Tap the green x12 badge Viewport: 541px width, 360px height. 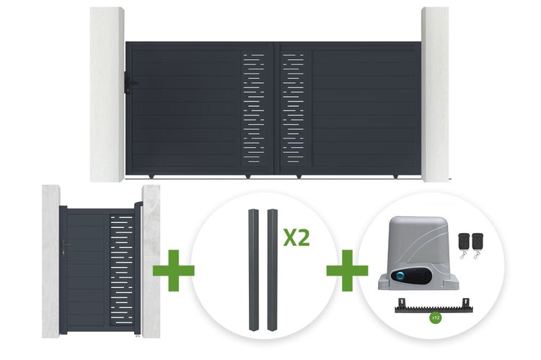[436, 317]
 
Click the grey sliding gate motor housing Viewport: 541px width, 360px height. [418, 253]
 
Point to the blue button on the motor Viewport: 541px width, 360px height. [400, 276]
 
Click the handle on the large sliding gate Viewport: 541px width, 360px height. [129, 82]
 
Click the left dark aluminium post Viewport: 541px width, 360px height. [254, 270]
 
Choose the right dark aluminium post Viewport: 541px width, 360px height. [273, 270]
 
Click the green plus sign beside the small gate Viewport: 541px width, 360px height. [174, 271]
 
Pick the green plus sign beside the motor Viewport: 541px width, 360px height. [347, 271]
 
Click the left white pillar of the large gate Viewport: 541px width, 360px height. [107, 95]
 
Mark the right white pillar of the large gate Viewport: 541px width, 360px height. [435, 95]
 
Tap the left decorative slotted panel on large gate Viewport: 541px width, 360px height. [254, 108]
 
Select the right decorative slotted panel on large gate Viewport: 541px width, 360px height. [294, 108]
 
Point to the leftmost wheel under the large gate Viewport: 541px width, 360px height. [151, 177]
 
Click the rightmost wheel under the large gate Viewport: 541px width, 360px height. [395, 177]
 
